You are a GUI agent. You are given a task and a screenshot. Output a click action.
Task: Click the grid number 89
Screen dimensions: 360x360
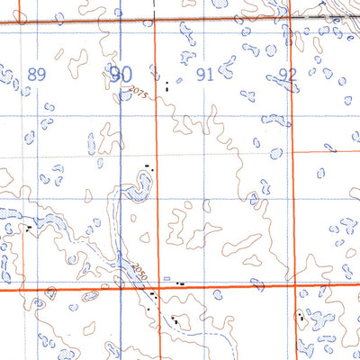tap(36, 75)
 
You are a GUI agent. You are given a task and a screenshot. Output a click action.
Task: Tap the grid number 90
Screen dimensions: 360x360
tap(121, 74)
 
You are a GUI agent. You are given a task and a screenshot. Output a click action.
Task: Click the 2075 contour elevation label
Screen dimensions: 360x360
tap(138, 92)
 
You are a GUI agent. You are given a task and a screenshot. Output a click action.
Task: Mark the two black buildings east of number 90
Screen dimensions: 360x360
tap(166, 86)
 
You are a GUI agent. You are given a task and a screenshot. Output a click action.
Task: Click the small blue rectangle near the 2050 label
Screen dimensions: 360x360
tap(166, 279)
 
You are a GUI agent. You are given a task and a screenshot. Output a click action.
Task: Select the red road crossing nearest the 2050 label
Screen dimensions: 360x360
tap(155, 288)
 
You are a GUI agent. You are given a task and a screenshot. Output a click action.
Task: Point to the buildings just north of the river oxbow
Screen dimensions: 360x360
tap(149, 166)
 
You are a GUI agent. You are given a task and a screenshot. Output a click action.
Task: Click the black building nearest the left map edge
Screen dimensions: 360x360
tap(30, 229)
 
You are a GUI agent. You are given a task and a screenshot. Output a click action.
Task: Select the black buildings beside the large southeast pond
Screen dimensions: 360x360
tap(299, 315)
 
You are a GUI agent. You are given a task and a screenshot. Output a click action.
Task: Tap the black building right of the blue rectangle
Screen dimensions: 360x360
tap(181, 283)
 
